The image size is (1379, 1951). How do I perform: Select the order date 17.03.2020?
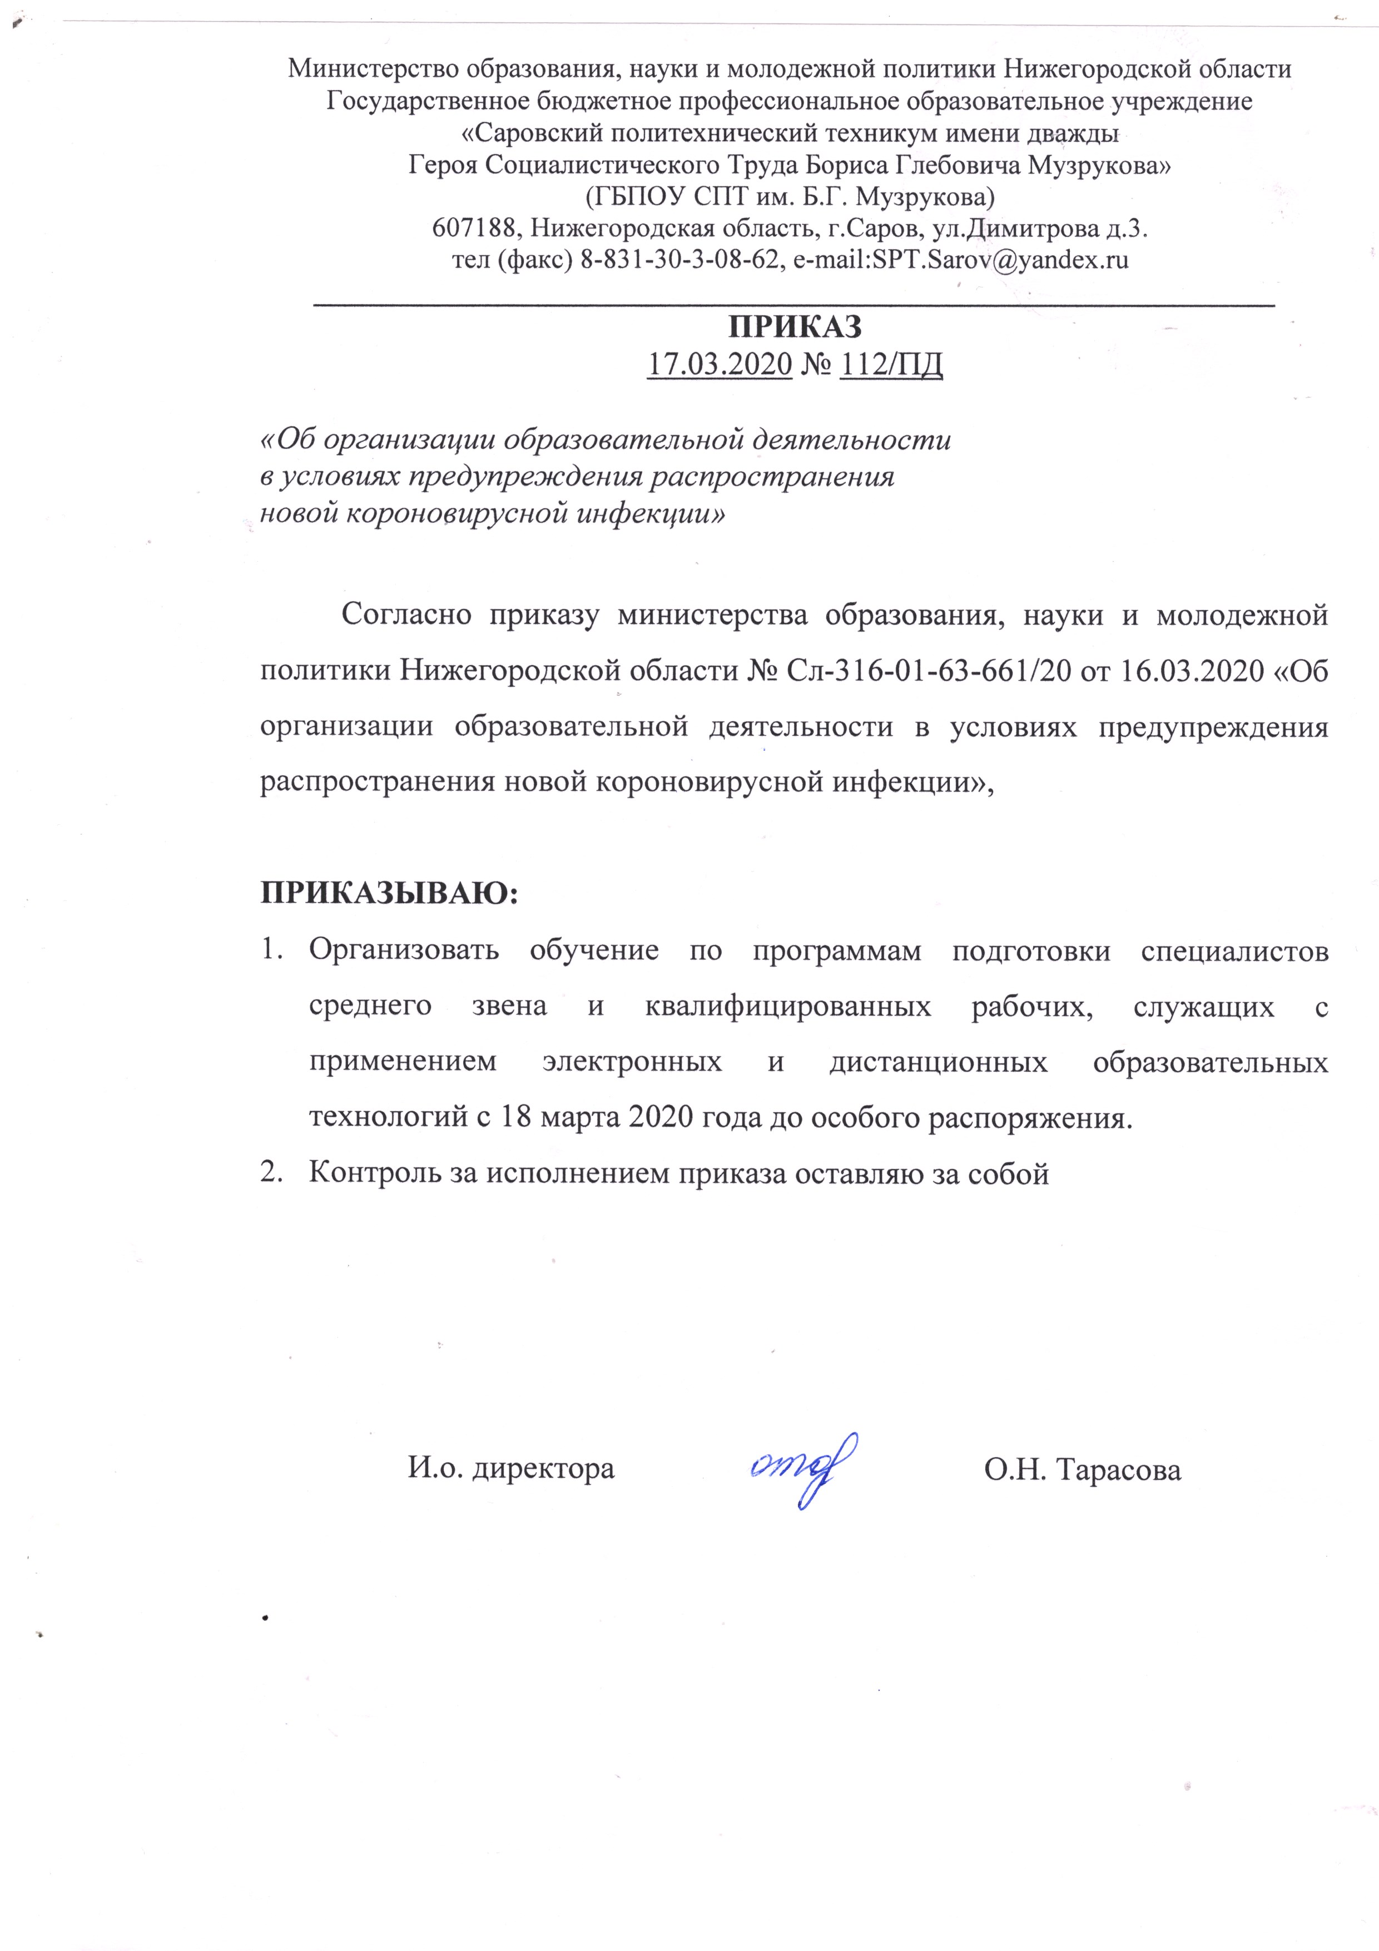tap(720, 364)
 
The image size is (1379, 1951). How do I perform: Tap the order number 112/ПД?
tap(890, 364)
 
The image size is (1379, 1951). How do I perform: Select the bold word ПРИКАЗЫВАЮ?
tap(388, 894)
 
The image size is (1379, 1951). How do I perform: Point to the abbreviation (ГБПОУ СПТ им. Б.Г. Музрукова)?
tap(790, 197)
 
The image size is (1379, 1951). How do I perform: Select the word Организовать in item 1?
tap(404, 950)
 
